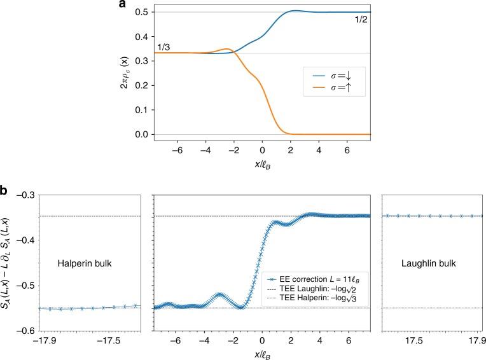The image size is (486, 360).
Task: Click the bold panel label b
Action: click(x=4, y=190)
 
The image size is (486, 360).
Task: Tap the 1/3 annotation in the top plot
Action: click(x=163, y=48)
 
